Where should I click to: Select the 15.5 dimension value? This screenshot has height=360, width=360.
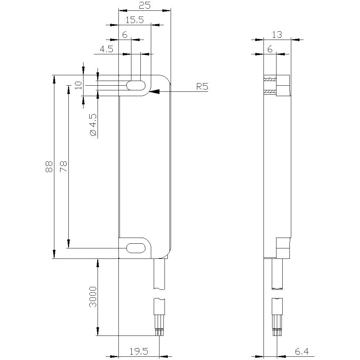(x=135, y=20)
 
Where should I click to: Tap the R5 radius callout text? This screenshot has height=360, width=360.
(x=202, y=87)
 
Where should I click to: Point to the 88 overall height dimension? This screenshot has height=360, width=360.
(x=49, y=166)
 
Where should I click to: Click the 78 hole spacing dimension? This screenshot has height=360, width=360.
(x=63, y=166)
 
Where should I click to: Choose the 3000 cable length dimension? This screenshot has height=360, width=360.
(x=93, y=297)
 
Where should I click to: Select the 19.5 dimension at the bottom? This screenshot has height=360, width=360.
(x=139, y=351)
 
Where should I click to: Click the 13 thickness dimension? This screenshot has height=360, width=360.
(x=277, y=35)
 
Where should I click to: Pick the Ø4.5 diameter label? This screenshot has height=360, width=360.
(x=93, y=125)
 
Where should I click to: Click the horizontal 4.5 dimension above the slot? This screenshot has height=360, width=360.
(x=107, y=49)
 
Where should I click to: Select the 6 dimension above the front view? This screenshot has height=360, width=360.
(x=125, y=35)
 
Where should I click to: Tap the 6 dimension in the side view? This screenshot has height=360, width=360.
(x=270, y=49)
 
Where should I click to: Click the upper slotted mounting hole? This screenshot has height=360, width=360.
(x=136, y=86)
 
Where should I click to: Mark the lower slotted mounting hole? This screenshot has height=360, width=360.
(x=136, y=248)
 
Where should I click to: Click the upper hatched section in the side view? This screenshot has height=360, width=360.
(x=270, y=79)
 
